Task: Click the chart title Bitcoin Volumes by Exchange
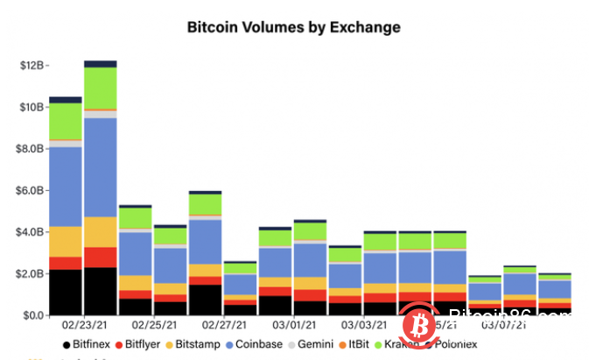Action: click(294, 27)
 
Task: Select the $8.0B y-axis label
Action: click(32, 149)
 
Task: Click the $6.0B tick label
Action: click(32, 190)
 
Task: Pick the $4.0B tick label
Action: click(32, 232)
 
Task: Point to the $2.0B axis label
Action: click(32, 273)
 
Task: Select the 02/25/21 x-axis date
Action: click(152, 326)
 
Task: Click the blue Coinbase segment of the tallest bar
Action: click(101, 166)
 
